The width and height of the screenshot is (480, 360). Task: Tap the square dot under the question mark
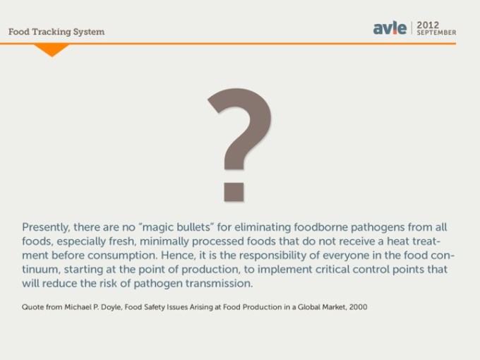(234, 190)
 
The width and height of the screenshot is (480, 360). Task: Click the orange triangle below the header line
(51, 49)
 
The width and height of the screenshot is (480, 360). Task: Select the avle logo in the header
(390, 28)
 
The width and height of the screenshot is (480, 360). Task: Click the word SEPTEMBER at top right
(436, 32)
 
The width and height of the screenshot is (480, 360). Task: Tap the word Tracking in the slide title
(59, 32)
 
